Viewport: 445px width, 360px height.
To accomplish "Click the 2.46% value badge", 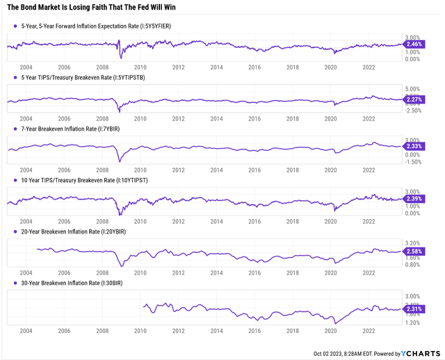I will (x=414, y=44).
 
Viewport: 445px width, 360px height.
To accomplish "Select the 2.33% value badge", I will (x=414, y=147).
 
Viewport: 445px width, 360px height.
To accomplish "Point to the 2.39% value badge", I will (x=414, y=199).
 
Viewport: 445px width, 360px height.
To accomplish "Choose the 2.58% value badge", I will (x=414, y=250).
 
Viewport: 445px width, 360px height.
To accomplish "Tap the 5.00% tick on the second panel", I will (x=414, y=89).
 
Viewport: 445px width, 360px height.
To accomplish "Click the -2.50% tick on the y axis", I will (x=414, y=111).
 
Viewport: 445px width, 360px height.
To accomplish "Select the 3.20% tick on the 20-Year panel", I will (x=414, y=242).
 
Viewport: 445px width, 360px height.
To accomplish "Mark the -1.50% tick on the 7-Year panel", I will (x=414, y=162).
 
